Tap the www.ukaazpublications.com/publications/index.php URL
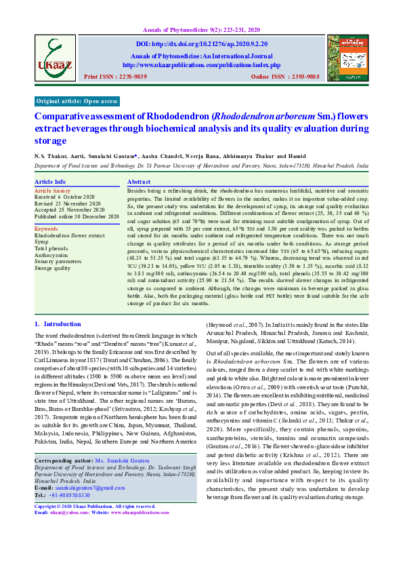click(201, 64)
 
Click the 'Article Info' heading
click(50, 182)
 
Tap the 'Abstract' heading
click(139, 182)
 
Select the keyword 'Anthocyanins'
click(53, 254)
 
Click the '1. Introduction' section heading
click(58, 324)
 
